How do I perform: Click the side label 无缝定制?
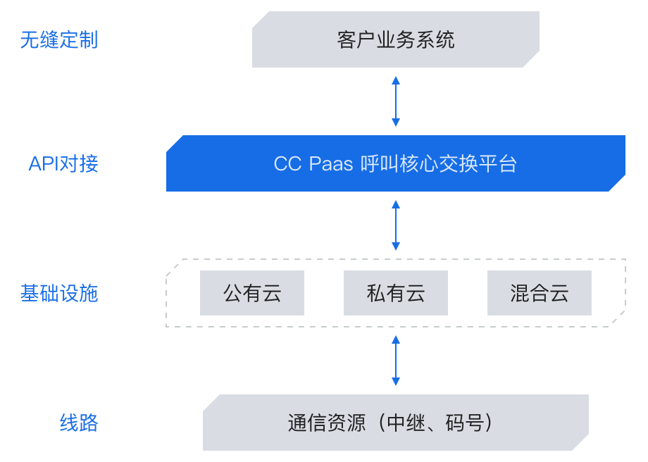click(x=59, y=40)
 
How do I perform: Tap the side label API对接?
click(x=63, y=163)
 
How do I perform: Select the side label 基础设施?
click(x=59, y=294)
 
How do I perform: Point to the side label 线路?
click(x=79, y=423)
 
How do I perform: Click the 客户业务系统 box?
click(x=396, y=39)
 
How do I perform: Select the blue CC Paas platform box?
click(x=396, y=163)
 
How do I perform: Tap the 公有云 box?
click(x=252, y=293)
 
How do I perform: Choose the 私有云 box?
click(x=396, y=293)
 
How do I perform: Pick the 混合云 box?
click(x=540, y=293)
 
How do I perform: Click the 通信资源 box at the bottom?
click(x=396, y=423)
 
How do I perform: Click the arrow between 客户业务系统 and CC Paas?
click(x=396, y=101)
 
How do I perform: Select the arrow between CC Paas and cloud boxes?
click(x=396, y=225)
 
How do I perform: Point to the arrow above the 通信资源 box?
click(x=396, y=361)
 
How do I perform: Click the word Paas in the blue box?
click(x=331, y=163)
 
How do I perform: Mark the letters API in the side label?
click(x=44, y=163)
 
